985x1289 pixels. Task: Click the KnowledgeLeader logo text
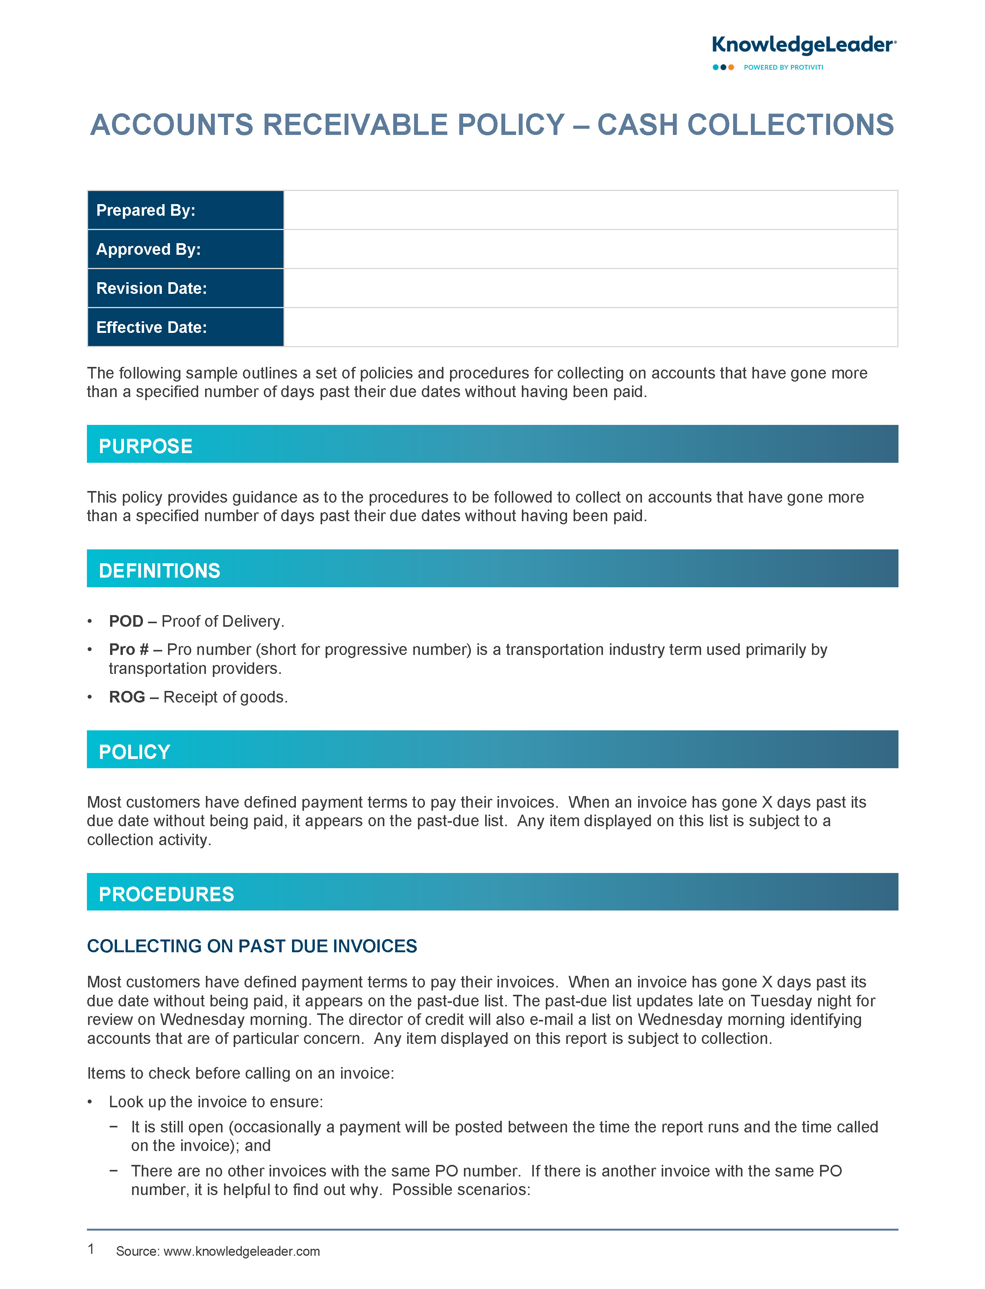803,45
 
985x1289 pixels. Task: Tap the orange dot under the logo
731,68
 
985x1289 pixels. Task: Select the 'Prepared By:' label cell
185,210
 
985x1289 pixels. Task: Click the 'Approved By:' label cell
185,249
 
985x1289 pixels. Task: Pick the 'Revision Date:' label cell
185,288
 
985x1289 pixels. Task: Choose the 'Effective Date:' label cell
185,327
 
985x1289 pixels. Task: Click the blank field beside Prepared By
590,210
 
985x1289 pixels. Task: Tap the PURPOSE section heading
145,447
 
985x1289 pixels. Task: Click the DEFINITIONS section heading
160,571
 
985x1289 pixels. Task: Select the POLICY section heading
134,752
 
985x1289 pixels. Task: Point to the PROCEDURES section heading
166,894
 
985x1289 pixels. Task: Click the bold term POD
126,621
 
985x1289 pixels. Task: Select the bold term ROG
127,697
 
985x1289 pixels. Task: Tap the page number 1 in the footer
91,1249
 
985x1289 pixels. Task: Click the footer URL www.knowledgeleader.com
241,1251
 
